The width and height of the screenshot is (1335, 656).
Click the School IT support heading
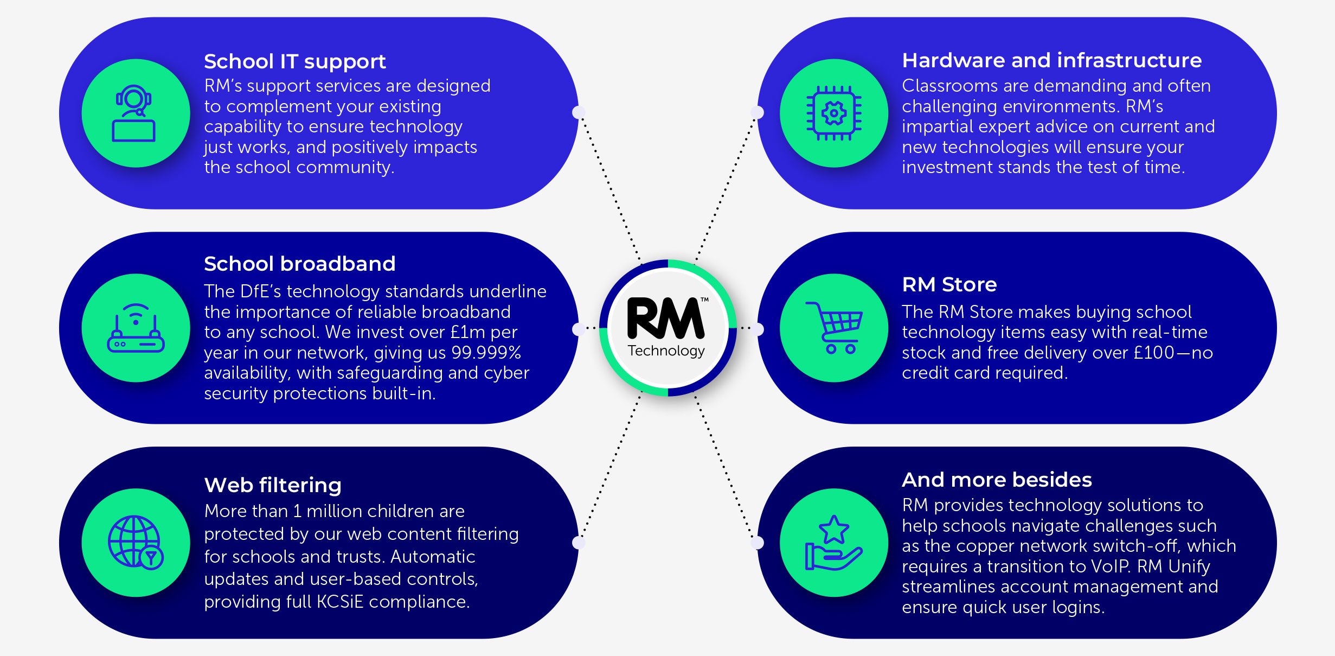294,62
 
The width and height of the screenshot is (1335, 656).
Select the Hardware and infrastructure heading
1051,60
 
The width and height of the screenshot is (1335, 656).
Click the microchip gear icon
834,113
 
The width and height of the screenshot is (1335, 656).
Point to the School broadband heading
299,264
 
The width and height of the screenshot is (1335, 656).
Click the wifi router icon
136,328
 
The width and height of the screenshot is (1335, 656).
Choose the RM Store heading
949,284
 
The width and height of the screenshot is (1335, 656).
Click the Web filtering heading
273,485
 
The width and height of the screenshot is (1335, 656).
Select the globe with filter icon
136,542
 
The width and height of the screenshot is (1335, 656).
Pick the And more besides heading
997,480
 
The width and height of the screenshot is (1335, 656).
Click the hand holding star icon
833,543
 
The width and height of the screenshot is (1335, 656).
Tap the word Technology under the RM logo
666,351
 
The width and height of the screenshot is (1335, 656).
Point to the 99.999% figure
486,353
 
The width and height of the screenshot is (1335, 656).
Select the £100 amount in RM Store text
1153,353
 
